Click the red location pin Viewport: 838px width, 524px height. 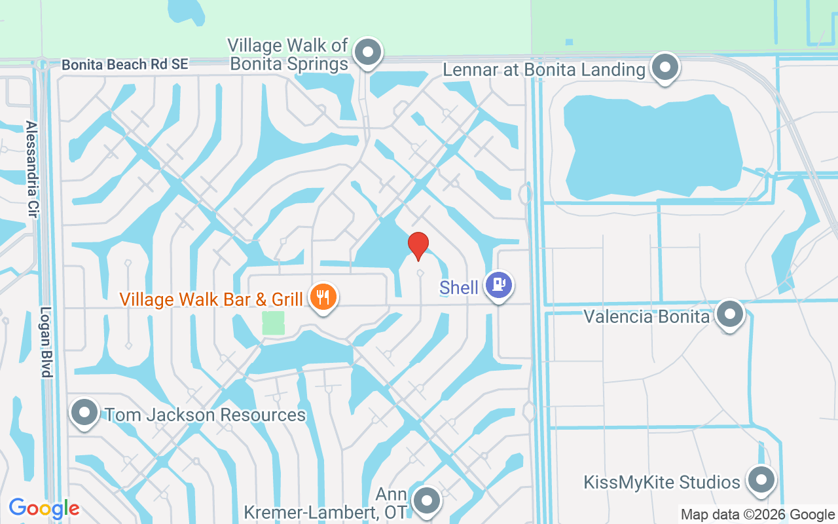tap(418, 246)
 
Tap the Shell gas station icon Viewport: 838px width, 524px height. tap(499, 285)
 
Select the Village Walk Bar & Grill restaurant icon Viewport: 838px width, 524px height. tap(322, 296)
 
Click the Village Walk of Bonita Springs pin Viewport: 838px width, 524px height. tap(368, 51)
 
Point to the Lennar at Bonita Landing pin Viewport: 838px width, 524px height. tap(666, 66)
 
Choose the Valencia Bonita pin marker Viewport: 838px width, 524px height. tap(729, 314)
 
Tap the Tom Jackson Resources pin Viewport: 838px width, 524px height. tap(84, 413)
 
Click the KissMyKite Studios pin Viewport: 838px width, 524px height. tap(761, 479)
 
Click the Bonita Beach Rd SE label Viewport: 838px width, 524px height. tap(124, 64)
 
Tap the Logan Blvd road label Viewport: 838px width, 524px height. tap(46, 342)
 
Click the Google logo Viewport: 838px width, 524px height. tap(44, 508)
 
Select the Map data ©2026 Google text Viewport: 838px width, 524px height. tap(757, 515)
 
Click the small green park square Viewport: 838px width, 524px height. tap(274, 323)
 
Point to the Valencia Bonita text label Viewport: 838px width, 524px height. tap(646, 317)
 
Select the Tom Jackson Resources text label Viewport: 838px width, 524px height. tap(205, 415)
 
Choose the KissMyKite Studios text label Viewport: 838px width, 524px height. tap(661, 483)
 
